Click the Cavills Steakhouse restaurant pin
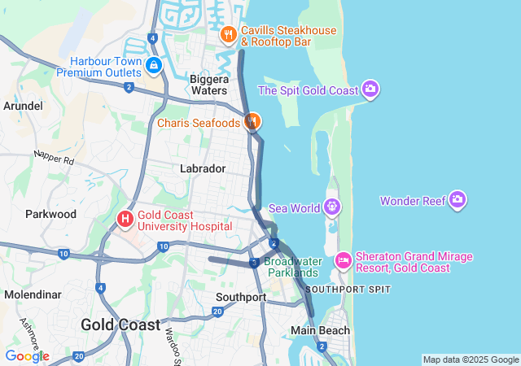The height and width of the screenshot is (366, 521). point(228,35)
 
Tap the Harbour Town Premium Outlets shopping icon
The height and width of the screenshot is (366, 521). point(154,64)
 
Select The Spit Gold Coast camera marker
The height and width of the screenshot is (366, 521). point(370,89)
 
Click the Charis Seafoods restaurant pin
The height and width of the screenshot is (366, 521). point(252,122)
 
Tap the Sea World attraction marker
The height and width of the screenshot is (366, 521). point(332,207)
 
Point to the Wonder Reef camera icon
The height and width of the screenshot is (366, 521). point(458,199)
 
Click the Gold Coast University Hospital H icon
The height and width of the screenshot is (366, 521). point(125,219)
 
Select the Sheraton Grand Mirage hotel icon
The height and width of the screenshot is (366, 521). point(343,261)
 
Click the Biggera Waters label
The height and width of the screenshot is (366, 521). point(208,85)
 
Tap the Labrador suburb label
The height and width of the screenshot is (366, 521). point(203,168)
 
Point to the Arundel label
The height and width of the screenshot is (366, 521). point(23,106)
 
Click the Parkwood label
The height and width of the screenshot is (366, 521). point(50,214)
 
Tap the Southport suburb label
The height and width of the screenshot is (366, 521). point(241,297)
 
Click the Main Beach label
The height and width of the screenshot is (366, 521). point(321,330)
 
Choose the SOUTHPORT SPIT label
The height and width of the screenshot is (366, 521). point(348,290)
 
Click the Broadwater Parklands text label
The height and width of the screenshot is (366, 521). point(291,267)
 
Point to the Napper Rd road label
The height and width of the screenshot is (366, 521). point(54,157)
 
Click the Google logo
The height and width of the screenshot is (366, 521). point(27,356)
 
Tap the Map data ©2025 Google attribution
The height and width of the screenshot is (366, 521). point(471,359)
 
